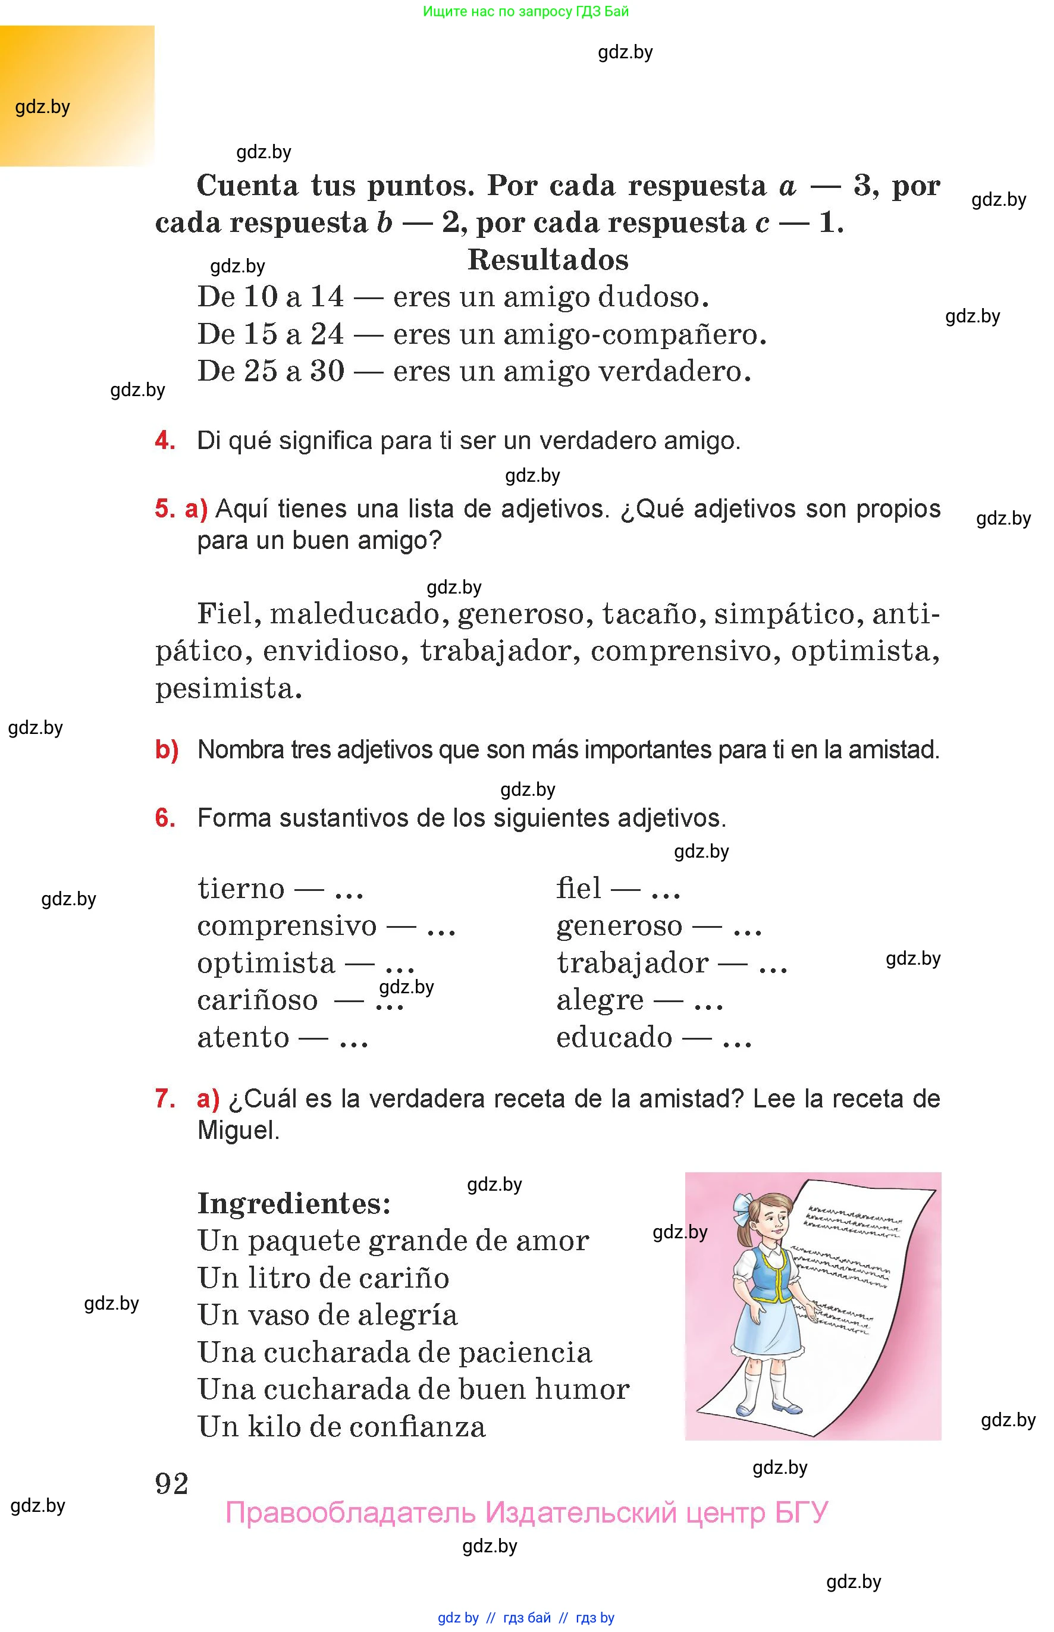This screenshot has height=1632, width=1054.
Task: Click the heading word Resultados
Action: [x=548, y=260]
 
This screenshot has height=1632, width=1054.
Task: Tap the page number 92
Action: [x=171, y=1483]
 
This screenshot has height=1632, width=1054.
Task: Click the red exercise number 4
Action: [x=164, y=440]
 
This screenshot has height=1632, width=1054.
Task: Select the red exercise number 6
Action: [x=164, y=818]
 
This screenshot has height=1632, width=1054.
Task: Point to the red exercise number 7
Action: [x=164, y=1099]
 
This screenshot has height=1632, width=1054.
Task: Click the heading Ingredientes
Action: [x=294, y=1204]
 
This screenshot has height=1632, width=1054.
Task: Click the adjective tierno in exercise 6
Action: [x=241, y=889]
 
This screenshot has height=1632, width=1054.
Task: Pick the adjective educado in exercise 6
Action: [x=614, y=1037]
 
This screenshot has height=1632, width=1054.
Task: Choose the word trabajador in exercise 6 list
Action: [x=632, y=963]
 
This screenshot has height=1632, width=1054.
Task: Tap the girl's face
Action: [x=772, y=1222]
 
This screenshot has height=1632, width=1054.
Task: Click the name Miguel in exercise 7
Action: [x=237, y=1130]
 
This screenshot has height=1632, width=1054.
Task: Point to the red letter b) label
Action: [x=167, y=750]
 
